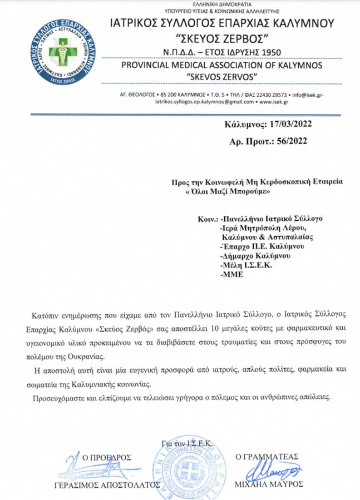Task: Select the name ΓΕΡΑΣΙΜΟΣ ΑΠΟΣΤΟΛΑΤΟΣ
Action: coord(103,485)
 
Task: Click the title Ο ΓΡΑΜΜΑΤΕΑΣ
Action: coord(269,457)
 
